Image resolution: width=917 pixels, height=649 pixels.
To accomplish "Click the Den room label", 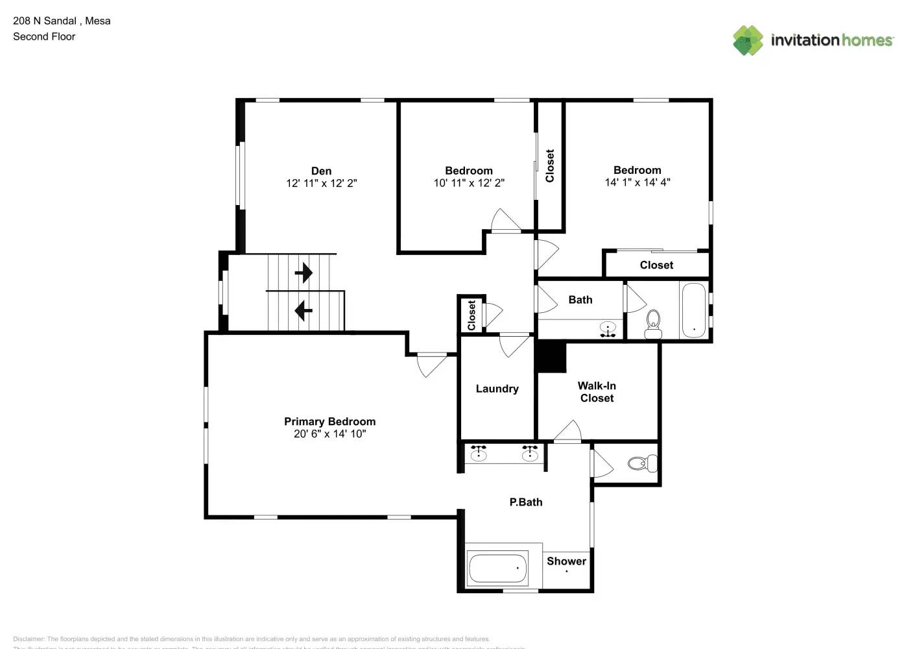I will pos(321,171).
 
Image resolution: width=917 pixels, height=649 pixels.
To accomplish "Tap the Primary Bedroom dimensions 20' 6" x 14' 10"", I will pos(329,434).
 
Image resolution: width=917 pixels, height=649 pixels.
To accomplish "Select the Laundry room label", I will pos(497,389).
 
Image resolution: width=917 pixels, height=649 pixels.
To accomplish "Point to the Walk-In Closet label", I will pos(597,392).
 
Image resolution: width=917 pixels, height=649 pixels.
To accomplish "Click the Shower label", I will pos(566,561).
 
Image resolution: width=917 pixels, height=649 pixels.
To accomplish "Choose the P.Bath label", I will pos(525,502).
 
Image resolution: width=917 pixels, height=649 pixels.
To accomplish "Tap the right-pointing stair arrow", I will pos(304,273).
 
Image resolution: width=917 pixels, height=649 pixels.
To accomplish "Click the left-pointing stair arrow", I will pos(304,311).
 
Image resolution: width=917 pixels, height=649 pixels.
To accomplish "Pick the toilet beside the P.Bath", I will pos(642,463).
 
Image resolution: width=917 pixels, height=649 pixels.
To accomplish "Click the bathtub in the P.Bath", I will pos(498,569).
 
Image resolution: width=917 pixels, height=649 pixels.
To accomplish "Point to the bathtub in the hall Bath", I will pos(693,310).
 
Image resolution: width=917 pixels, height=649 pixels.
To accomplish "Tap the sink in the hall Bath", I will pos(608,329).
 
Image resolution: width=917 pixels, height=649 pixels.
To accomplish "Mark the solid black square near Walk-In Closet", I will pos(551,358).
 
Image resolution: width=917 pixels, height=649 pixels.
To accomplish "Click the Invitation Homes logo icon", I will pos(748,40).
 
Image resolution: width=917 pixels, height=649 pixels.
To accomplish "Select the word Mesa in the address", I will pos(97,21).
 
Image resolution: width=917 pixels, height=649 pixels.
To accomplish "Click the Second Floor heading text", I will pos(44,36).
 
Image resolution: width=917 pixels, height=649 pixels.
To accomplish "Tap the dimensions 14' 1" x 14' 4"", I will pos(637,183).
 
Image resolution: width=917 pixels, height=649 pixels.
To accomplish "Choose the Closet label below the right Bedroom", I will pos(656,265).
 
